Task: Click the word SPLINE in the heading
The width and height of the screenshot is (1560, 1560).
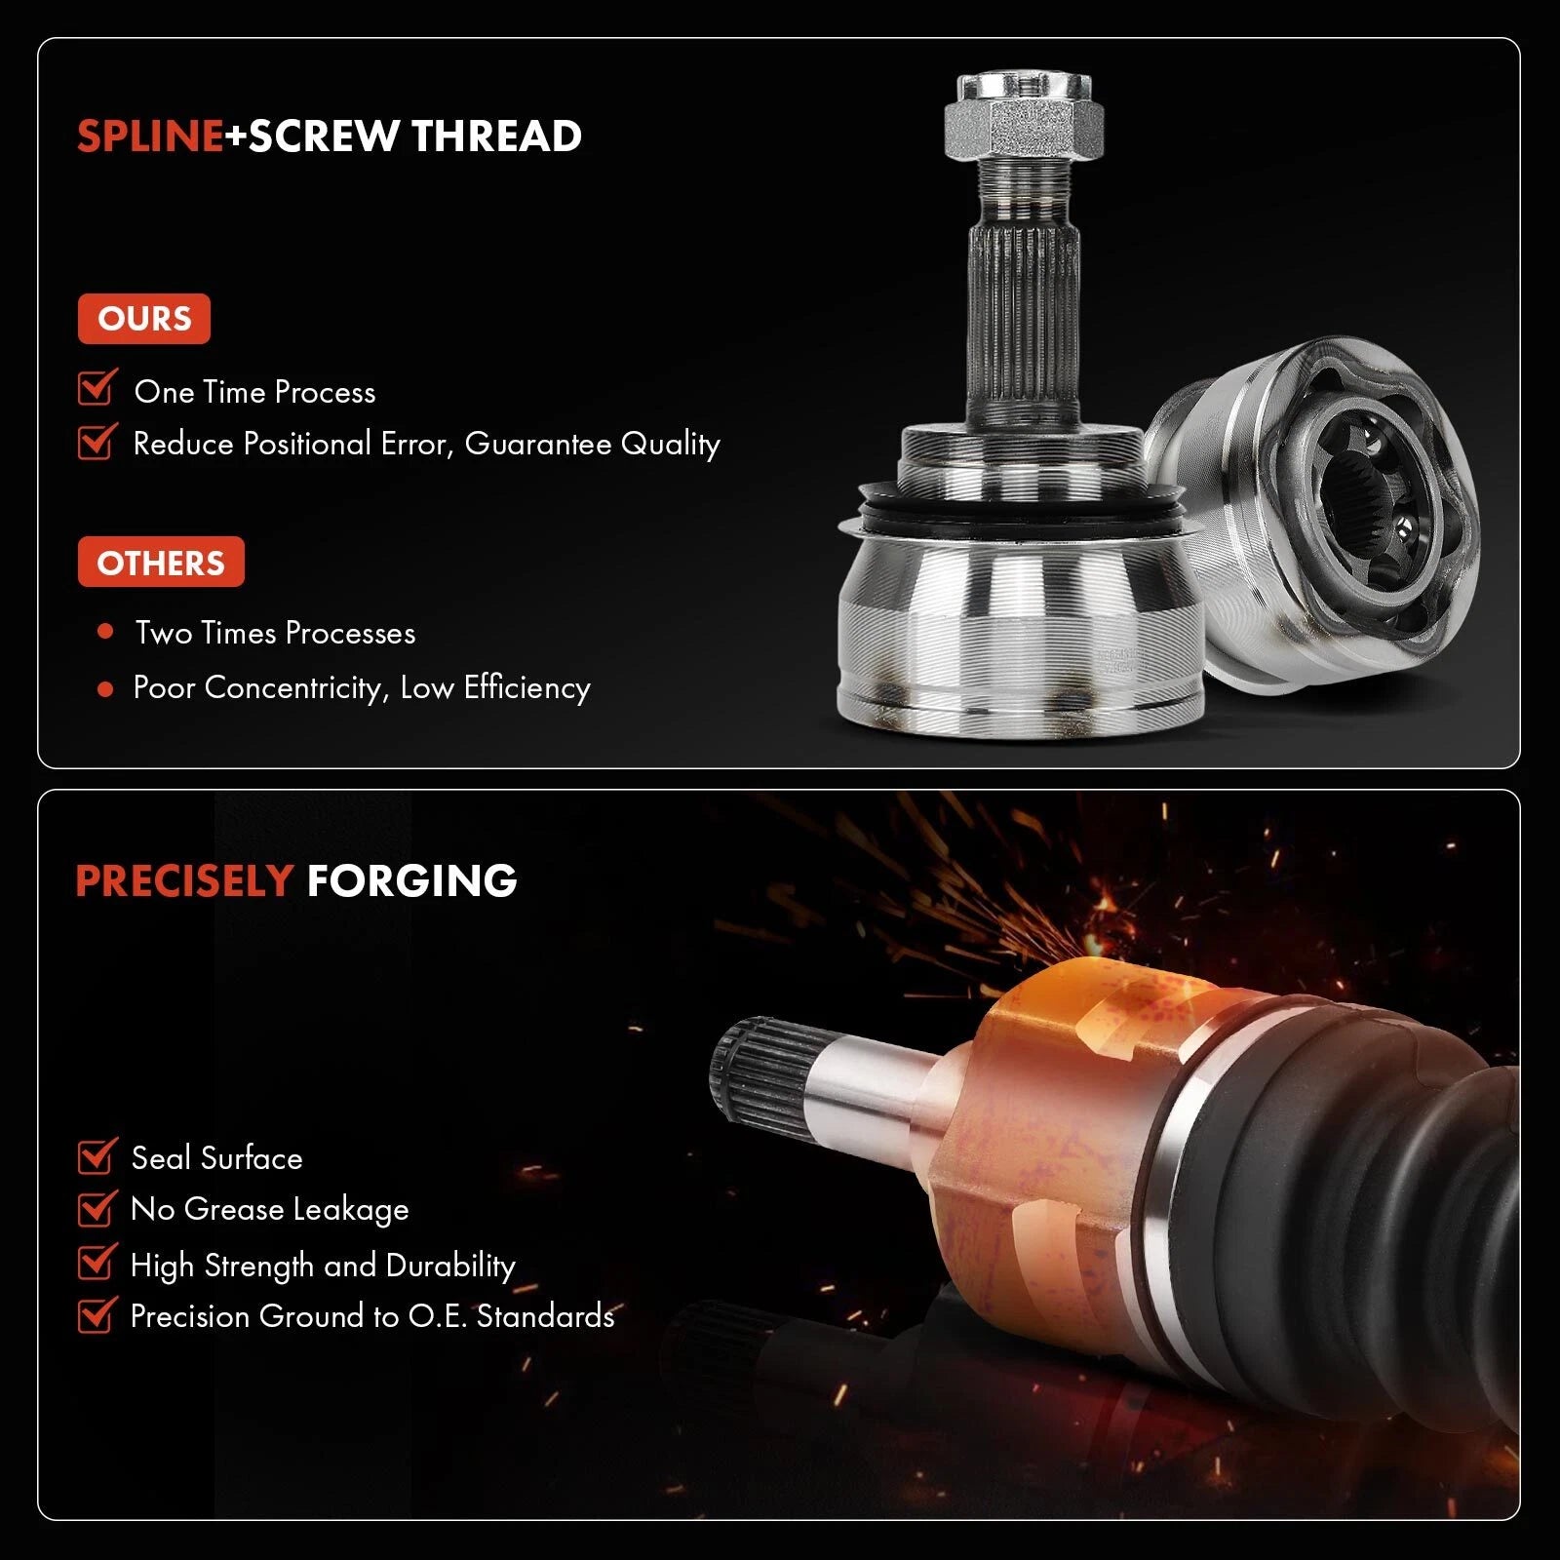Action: click(x=150, y=136)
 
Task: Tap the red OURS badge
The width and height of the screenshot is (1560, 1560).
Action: click(x=144, y=319)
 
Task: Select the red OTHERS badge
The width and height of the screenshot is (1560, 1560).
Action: click(x=161, y=563)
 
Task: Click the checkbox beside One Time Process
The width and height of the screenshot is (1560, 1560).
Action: click(x=97, y=387)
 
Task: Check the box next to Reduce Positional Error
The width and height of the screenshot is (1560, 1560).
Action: click(x=97, y=441)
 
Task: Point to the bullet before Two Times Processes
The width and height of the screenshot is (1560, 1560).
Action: click(x=105, y=632)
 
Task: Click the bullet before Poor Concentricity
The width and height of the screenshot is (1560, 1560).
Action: click(x=105, y=689)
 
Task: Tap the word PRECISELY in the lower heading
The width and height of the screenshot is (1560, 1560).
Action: click(x=184, y=881)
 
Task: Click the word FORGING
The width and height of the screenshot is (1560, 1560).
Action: click(x=411, y=881)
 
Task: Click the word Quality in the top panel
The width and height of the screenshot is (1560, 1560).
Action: click(x=670, y=446)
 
